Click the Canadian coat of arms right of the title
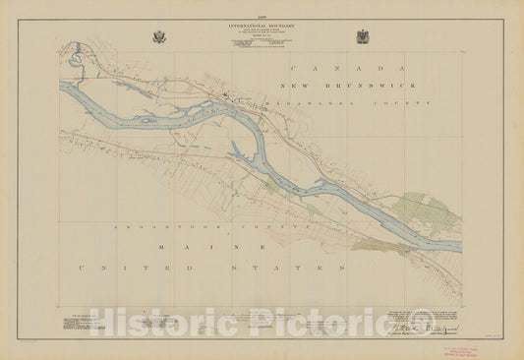point(363,37)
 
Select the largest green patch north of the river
point(426,210)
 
